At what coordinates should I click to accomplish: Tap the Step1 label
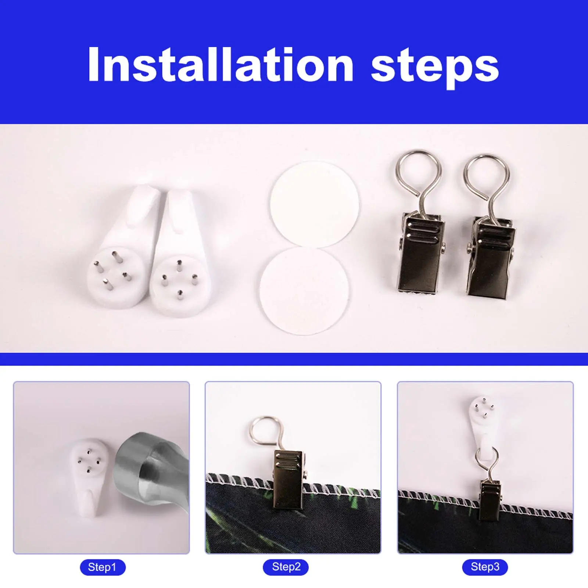[x=103, y=567]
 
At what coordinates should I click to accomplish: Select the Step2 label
[x=286, y=567]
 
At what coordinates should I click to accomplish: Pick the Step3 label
[x=485, y=567]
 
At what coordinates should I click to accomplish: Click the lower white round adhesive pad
[x=304, y=291]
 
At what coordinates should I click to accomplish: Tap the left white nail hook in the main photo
[x=121, y=254]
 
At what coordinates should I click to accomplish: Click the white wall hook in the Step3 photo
[x=482, y=426]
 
